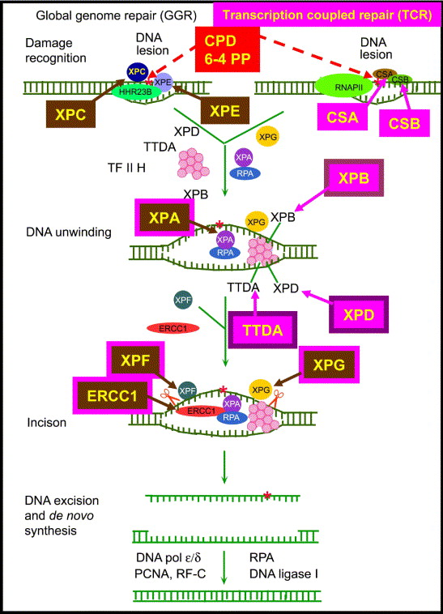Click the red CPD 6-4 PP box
tap(228, 49)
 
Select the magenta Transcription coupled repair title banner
tap(327, 15)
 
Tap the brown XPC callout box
tap(70, 114)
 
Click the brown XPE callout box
tap(225, 110)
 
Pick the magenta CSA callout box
tap(343, 117)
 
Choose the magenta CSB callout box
tap(404, 123)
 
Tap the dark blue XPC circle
tap(137, 71)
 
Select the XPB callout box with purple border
tap(354, 177)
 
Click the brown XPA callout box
tap(164, 217)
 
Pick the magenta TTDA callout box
tap(262, 330)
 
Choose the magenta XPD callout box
tap(359, 314)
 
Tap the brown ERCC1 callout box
tap(113, 395)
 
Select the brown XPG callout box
tap(329, 365)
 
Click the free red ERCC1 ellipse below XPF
tap(173, 328)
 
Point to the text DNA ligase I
tap(283, 574)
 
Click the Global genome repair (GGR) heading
tap(117, 15)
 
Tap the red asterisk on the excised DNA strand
tap(267, 496)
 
